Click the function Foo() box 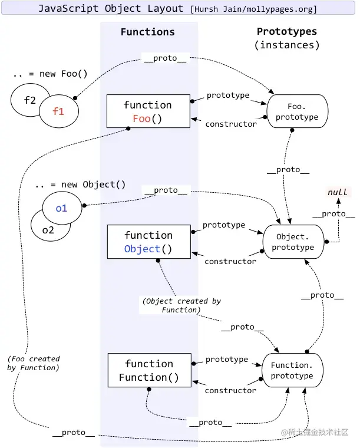point(148,111)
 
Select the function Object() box point(148,242)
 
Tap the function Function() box point(148,371)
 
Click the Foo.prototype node point(297,112)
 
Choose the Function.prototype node point(292,370)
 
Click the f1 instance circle point(59,110)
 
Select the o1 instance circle point(62,208)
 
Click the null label point(337,192)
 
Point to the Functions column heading point(147,32)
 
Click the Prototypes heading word point(286,32)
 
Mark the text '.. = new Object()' point(80,185)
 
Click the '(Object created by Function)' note point(181,305)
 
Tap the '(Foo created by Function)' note point(34,363)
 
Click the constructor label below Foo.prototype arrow point(230,124)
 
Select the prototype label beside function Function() point(227,359)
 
